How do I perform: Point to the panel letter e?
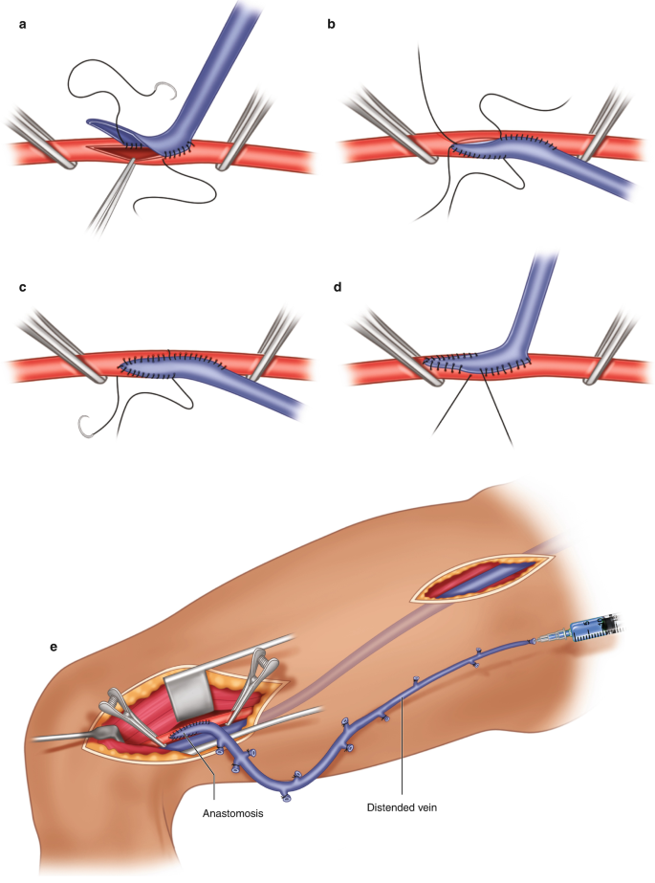pos(55,646)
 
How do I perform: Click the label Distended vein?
pos(403,806)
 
